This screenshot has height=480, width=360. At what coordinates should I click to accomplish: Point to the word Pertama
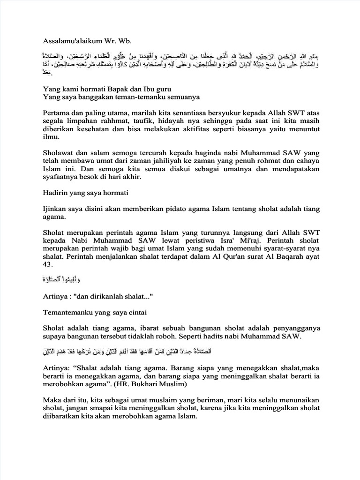tap(58, 114)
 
